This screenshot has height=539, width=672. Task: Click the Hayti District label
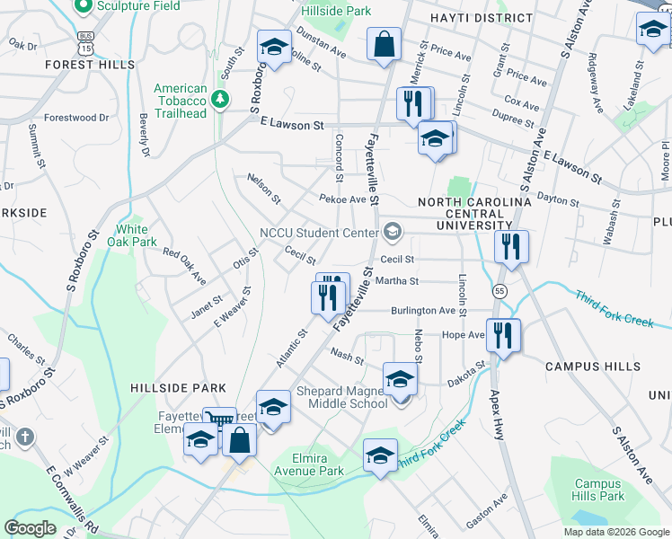481,18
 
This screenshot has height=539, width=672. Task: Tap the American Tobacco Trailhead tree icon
218,96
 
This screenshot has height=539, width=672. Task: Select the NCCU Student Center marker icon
392,233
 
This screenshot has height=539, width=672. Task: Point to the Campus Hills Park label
599,490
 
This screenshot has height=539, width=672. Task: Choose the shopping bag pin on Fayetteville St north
384,44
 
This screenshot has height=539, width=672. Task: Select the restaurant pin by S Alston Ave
511,246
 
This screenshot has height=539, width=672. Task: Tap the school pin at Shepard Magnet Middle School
400,378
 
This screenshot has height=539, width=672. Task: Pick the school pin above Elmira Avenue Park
381,455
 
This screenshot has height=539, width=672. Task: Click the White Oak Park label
132,235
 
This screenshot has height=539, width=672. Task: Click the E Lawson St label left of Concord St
292,126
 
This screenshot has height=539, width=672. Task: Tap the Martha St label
402,281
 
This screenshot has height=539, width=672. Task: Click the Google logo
31,527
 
